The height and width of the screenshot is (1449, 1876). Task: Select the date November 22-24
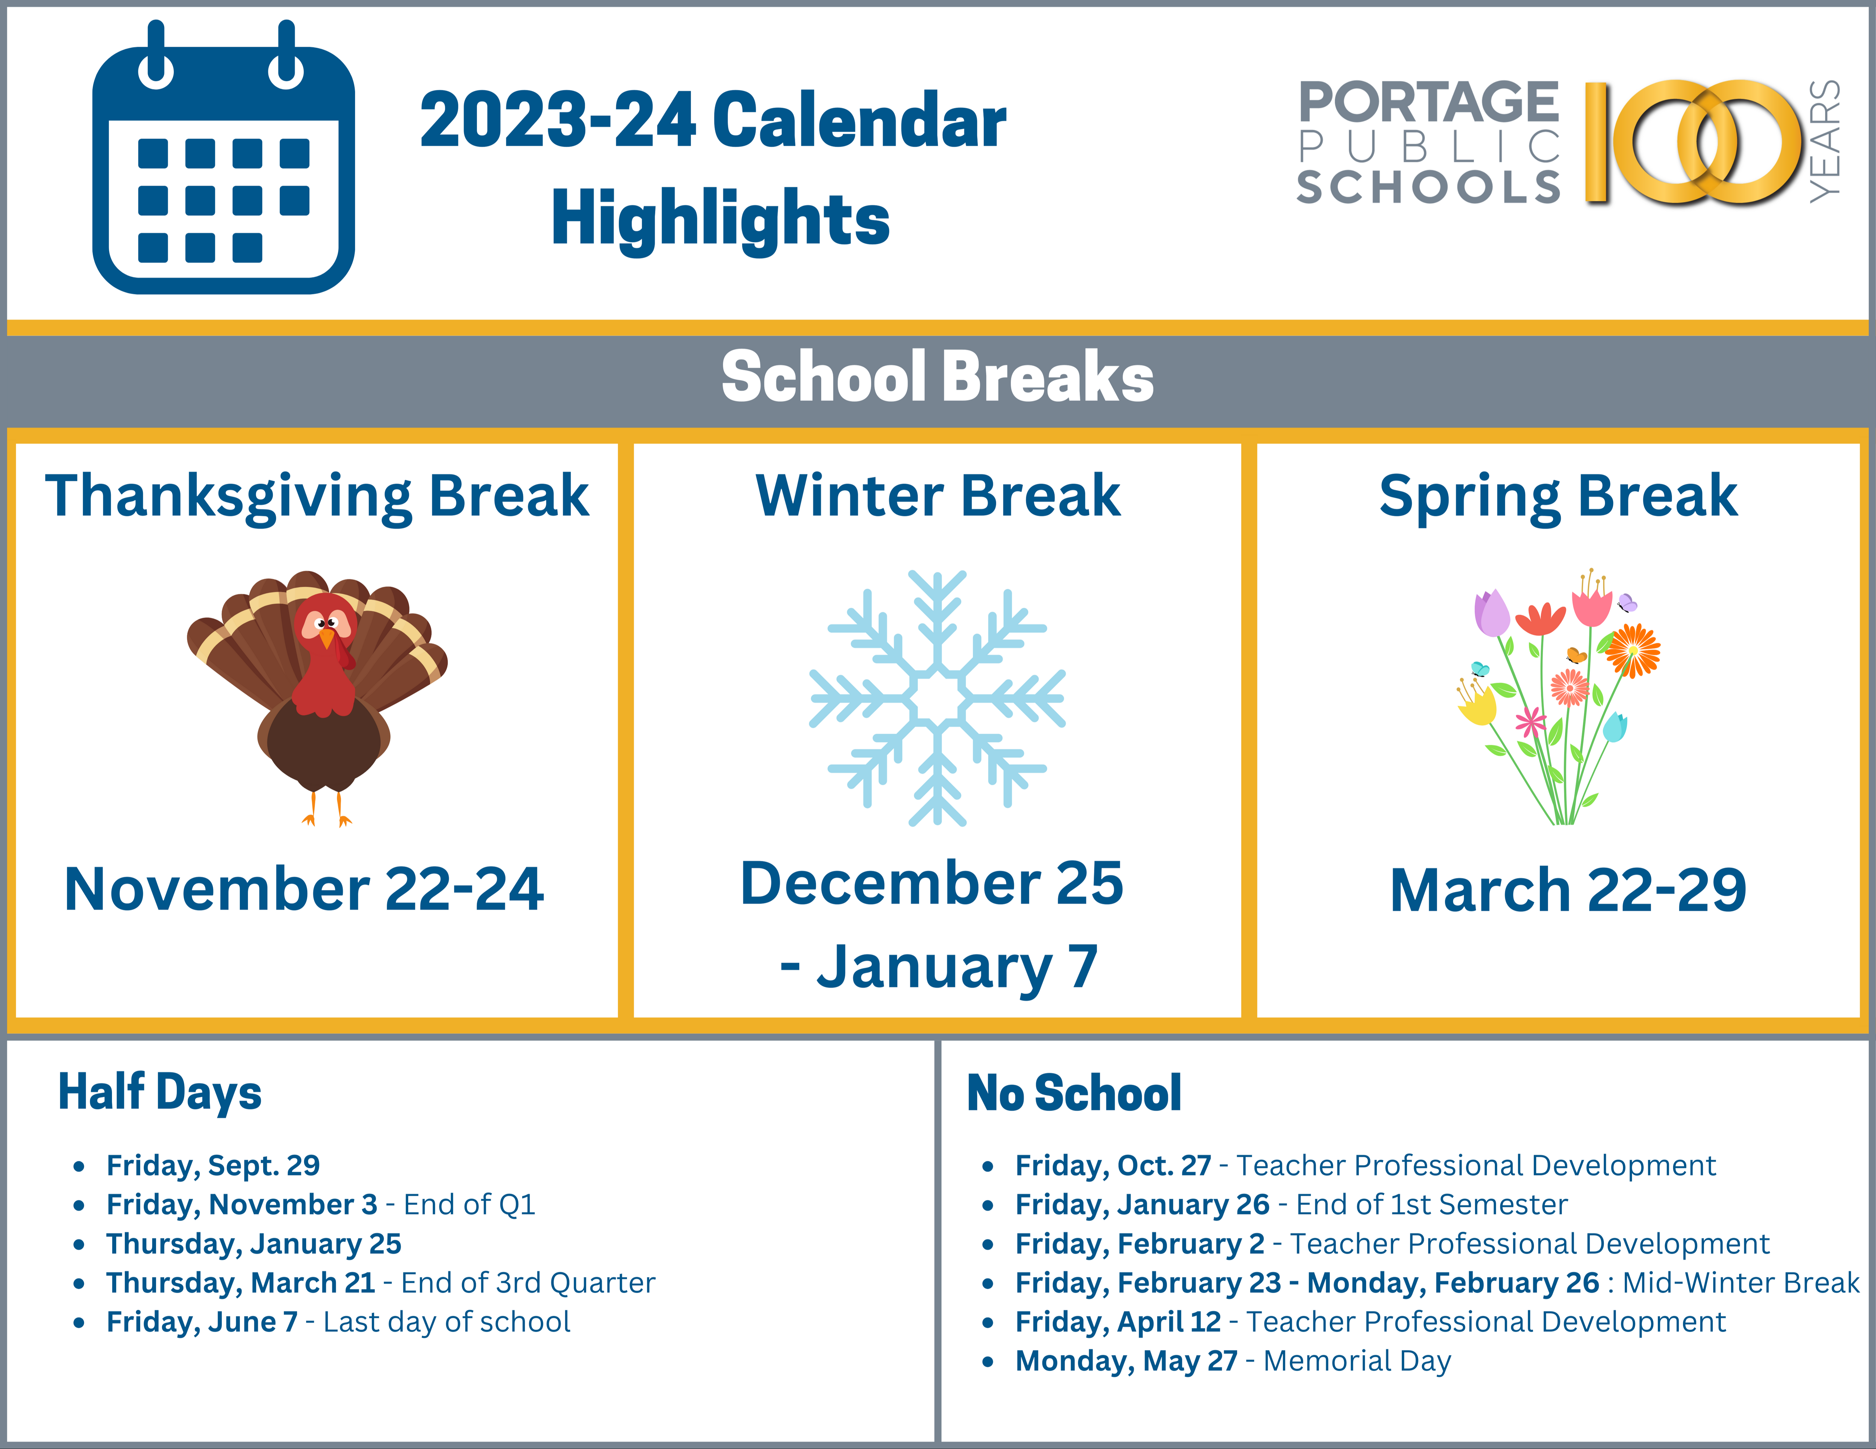coord(304,889)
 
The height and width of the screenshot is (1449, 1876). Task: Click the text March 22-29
coord(1568,891)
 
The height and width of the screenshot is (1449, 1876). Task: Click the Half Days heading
coord(160,1093)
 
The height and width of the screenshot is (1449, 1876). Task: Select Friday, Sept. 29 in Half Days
coord(213,1165)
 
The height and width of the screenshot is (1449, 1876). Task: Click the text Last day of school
coord(447,1322)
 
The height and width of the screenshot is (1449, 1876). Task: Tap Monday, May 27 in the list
coord(1126,1361)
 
